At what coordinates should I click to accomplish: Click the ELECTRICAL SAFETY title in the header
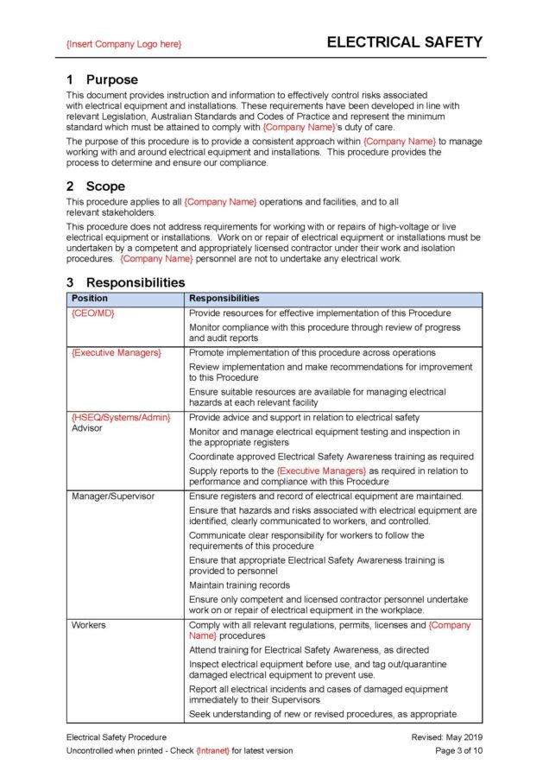click(x=404, y=42)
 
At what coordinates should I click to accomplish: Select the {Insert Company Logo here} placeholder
click(x=123, y=44)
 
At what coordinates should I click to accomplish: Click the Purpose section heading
click(x=111, y=79)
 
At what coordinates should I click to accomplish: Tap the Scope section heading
click(x=104, y=186)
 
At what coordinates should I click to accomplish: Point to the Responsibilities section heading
click(x=135, y=282)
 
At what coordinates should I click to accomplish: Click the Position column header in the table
click(x=90, y=299)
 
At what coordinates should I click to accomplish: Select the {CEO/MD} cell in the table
click(x=93, y=313)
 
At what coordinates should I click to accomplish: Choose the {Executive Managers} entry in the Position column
click(x=116, y=353)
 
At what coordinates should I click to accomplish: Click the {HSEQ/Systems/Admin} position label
click(x=121, y=418)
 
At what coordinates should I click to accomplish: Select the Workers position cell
click(x=89, y=625)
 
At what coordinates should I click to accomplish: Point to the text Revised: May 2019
click(x=447, y=737)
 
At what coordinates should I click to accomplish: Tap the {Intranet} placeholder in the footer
click(x=214, y=751)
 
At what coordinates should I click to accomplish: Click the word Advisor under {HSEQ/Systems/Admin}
click(x=87, y=428)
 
